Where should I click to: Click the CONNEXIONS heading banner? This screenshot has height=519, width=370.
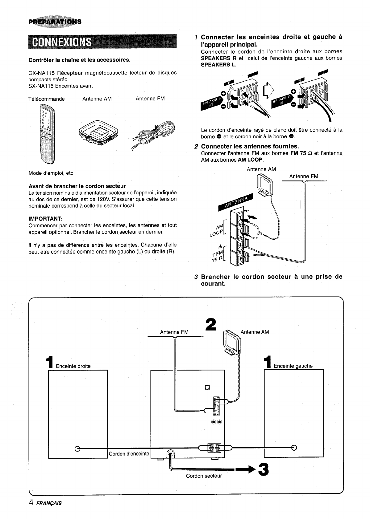click(x=102, y=42)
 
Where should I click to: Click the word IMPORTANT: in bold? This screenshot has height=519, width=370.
click(x=46, y=219)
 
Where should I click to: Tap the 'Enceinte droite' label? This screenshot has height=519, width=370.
click(x=73, y=366)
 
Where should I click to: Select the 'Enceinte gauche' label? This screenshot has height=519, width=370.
click(x=293, y=366)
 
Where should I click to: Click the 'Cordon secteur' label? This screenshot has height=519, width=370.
click(x=204, y=476)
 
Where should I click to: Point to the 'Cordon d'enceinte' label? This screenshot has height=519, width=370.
click(x=129, y=453)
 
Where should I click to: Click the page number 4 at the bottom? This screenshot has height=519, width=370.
click(x=31, y=502)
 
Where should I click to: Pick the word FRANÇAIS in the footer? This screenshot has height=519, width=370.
click(x=49, y=503)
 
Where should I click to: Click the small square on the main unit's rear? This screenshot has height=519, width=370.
click(x=207, y=387)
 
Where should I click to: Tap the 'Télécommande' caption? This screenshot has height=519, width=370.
click(x=47, y=99)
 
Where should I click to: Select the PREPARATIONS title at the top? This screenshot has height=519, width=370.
click(x=55, y=22)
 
